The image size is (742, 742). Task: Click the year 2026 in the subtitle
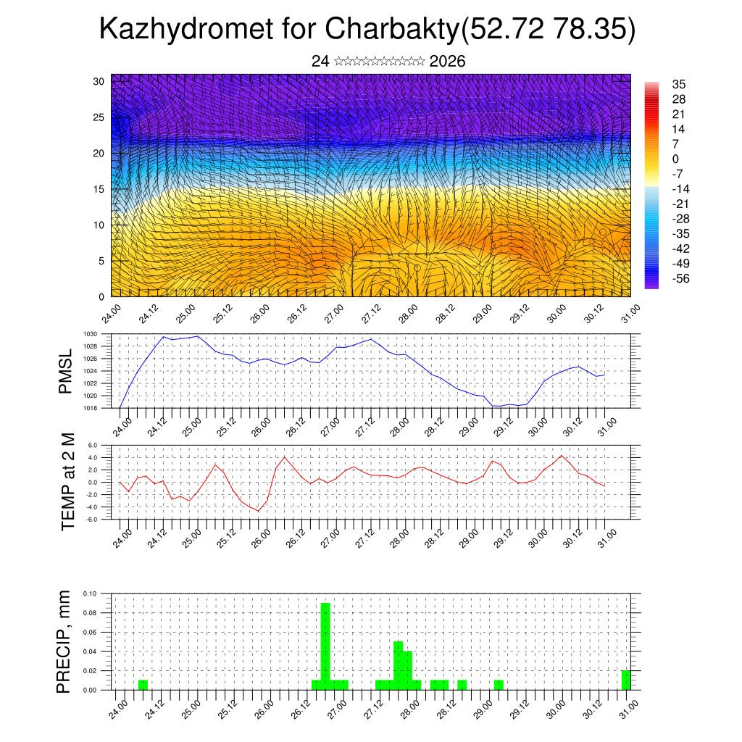click(447, 62)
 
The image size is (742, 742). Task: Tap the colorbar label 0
click(675, 159)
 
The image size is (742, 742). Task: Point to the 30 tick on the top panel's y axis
click(99, 81)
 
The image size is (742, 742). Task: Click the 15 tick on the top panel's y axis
click(99, 189)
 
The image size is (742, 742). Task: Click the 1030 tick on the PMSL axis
click(91, 334)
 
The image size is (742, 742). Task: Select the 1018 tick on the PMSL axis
click(91, 408)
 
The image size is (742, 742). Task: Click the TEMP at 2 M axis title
click(68, 482)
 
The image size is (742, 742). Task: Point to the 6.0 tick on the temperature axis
click(93, 446)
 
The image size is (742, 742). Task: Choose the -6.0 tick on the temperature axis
click(91, 520)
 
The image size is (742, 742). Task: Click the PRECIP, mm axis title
click(65, 641)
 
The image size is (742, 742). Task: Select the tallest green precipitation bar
click(325, 645)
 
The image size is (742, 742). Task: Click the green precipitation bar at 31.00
click(626, 680)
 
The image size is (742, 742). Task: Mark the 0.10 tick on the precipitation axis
click(90, 593)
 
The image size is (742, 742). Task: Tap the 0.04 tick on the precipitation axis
click(90, 651)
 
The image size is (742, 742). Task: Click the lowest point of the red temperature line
click(258, 511)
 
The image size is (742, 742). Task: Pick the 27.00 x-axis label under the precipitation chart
click(334, 707)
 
